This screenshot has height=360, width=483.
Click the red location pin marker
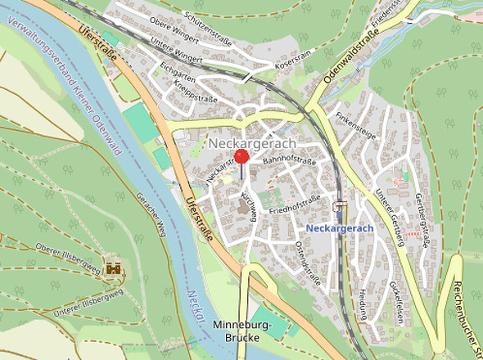tap(241, 158)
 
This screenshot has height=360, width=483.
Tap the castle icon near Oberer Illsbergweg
tap(115, 268)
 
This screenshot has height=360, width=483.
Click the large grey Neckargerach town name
tap(251, 143)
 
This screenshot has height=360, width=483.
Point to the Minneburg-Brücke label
tap(241, 331)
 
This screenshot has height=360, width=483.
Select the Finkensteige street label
tap(356, 131)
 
